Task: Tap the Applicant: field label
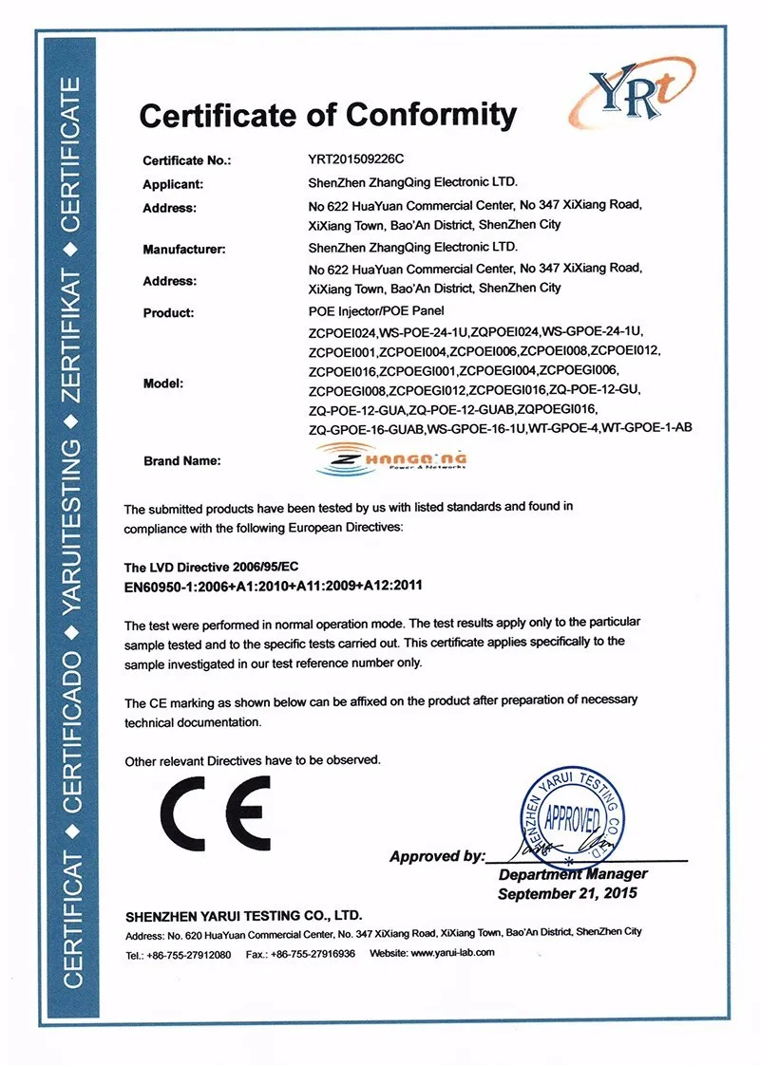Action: pos(173,184)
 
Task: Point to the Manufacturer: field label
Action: pos(183,250)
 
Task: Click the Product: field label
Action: pos(168,312)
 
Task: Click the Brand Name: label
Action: pos(181,461)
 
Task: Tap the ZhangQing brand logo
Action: pos(392,458)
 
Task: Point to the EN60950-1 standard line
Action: pos(273,586)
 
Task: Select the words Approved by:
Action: pos(437,856)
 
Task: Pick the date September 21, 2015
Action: pos(568,893)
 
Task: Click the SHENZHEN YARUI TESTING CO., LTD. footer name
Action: pos(244,917)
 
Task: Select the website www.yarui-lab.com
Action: pos(452,952)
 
